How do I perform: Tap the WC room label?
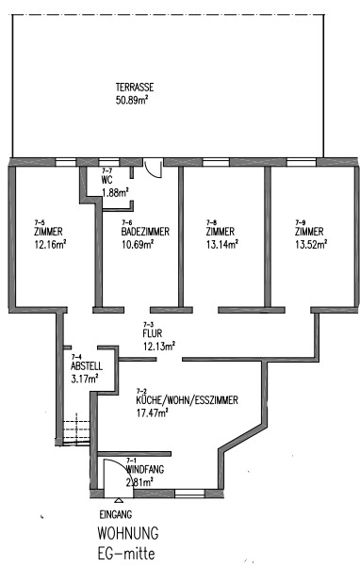click(x=107, y=180)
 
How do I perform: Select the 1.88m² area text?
click(x=115, y=192)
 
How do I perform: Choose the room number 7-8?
click(x=211, y=222)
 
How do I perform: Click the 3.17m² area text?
click(x=85, y=380)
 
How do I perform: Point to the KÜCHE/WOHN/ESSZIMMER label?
click(x=187, y=400)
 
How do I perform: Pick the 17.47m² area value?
click(x=151, y=412)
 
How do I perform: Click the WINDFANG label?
click(x=145, y=468)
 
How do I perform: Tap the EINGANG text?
click(x=116, y=515)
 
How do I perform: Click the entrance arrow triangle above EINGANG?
click(x=117, y=501)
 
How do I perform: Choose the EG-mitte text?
click(x=127, y=552)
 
